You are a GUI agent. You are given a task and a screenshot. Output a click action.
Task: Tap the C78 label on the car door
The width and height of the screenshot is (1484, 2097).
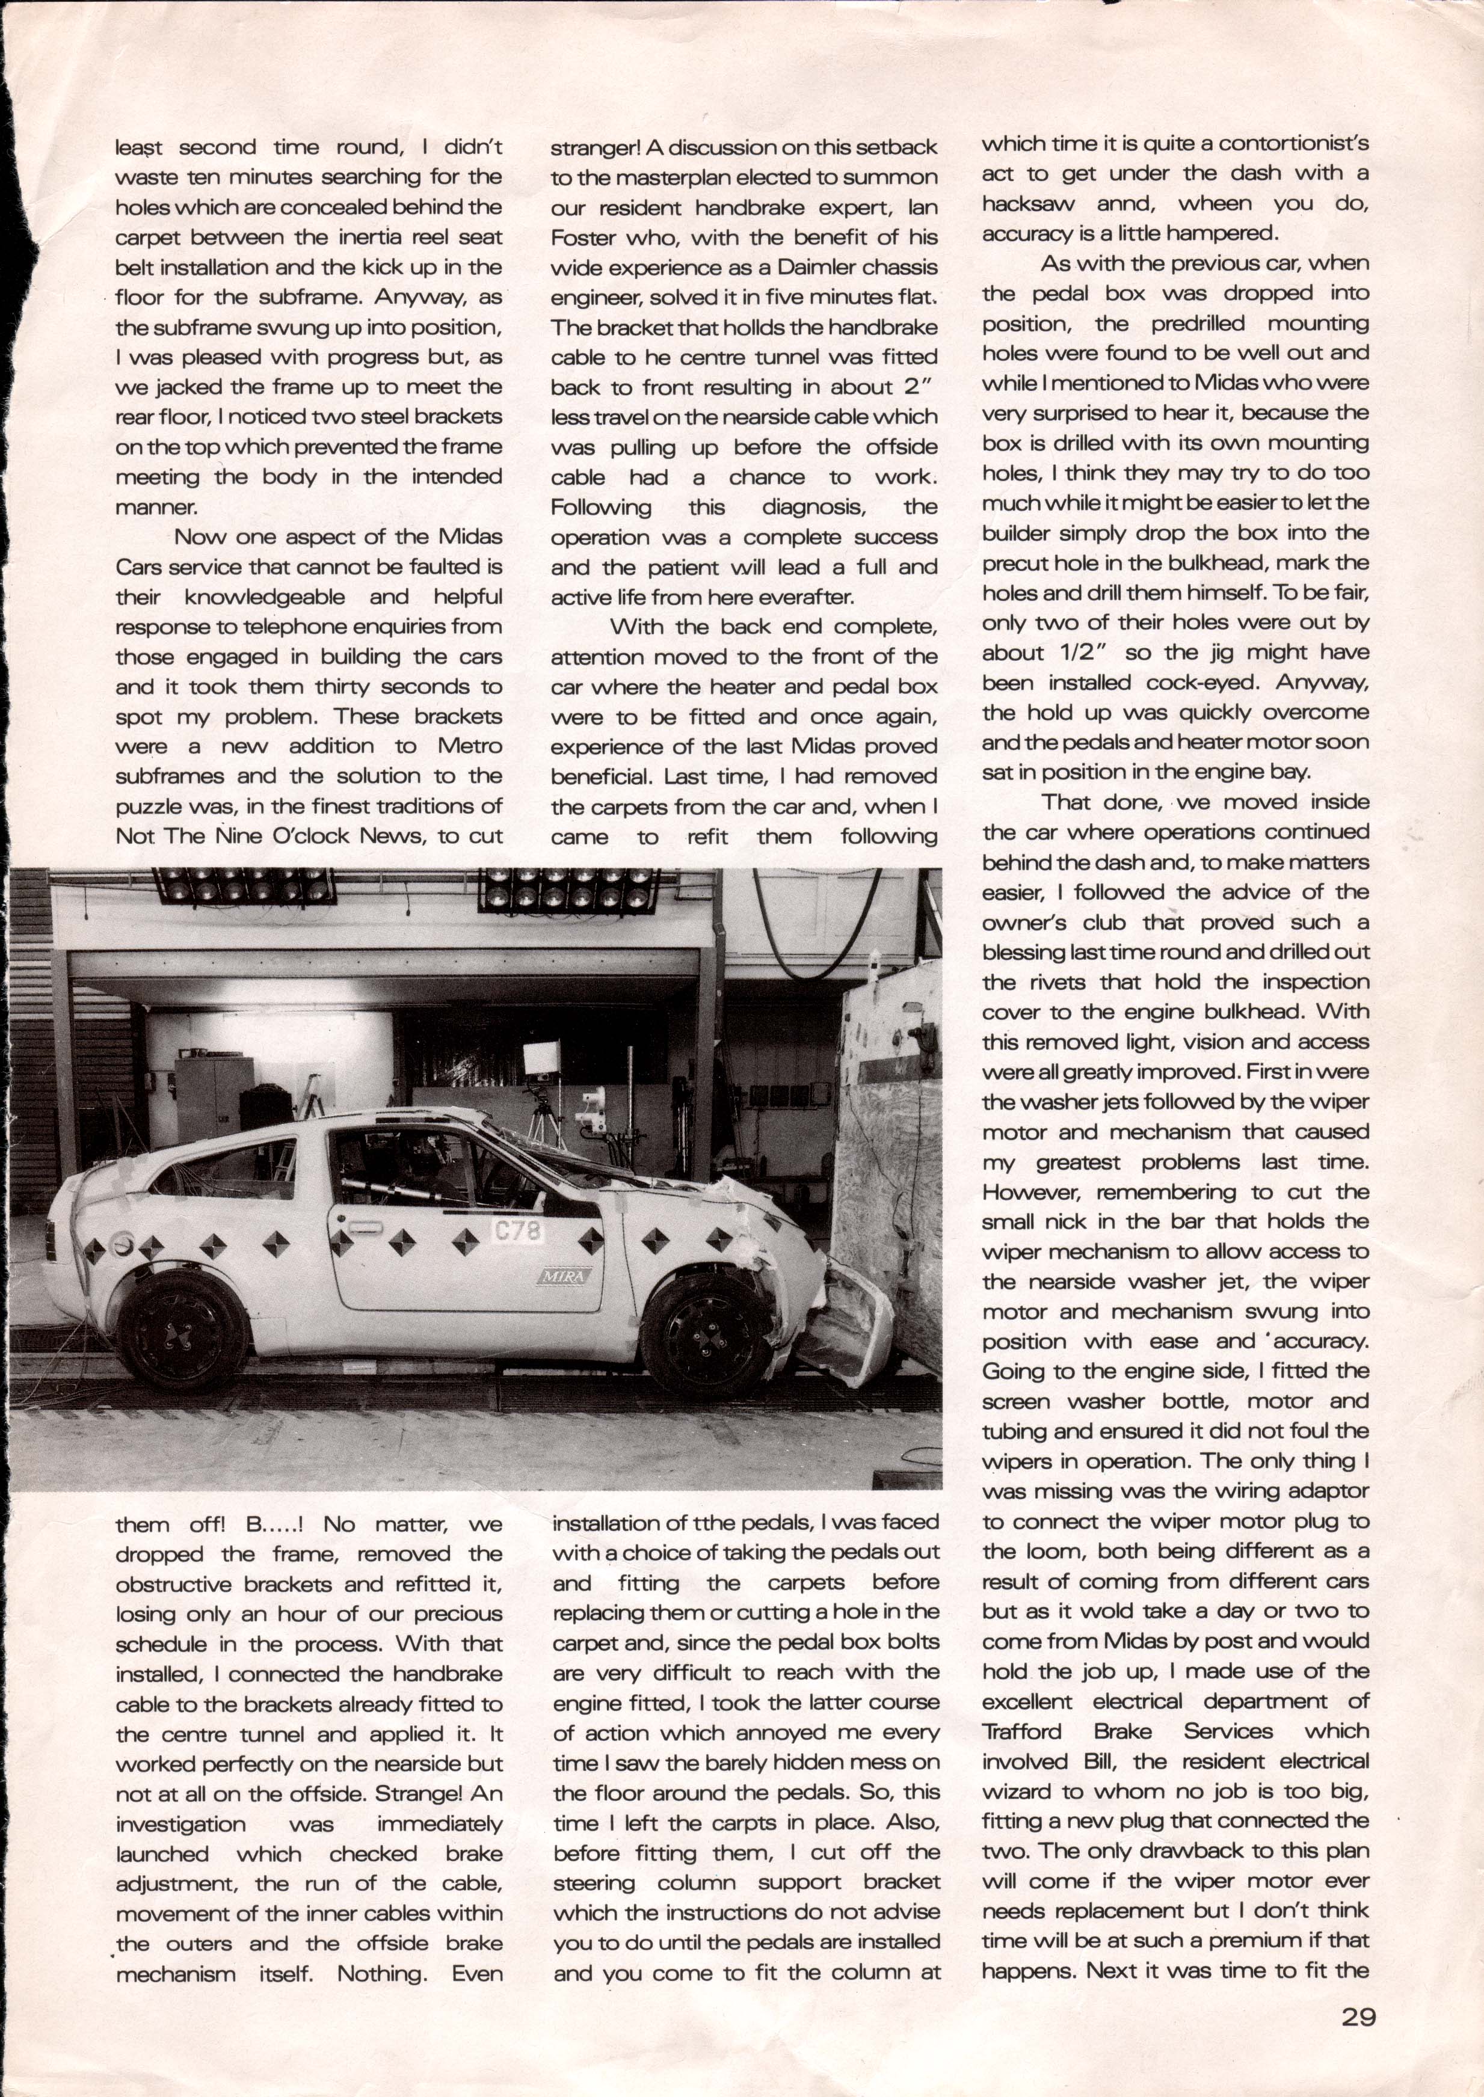click(518, 1231)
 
